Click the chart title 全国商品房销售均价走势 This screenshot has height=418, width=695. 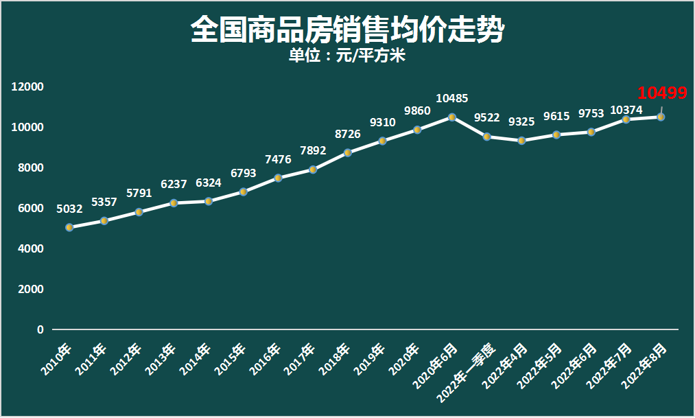(x=347, y=30)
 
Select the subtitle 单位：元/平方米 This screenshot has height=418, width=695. (x=347, y=56)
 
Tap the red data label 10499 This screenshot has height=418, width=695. (x=662, y=93)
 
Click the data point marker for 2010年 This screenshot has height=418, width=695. (x=69, y=227)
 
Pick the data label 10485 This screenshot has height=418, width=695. (x=451, y=99)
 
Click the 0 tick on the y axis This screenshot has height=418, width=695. (x=40, y=329)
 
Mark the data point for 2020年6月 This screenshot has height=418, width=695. (x=452, y=117)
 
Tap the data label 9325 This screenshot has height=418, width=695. (x=521, y=121)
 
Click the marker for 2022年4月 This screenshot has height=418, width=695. (x=521, y=141)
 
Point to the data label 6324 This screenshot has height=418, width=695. (x=209, y=183)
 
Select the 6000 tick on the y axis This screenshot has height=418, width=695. (x=30, y=208)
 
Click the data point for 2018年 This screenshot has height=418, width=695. (x=348, y=152)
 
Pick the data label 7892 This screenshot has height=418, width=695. (x=313, y=150)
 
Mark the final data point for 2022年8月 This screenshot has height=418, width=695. (x=661, y=117)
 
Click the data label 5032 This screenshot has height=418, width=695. (x=69, y=209)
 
